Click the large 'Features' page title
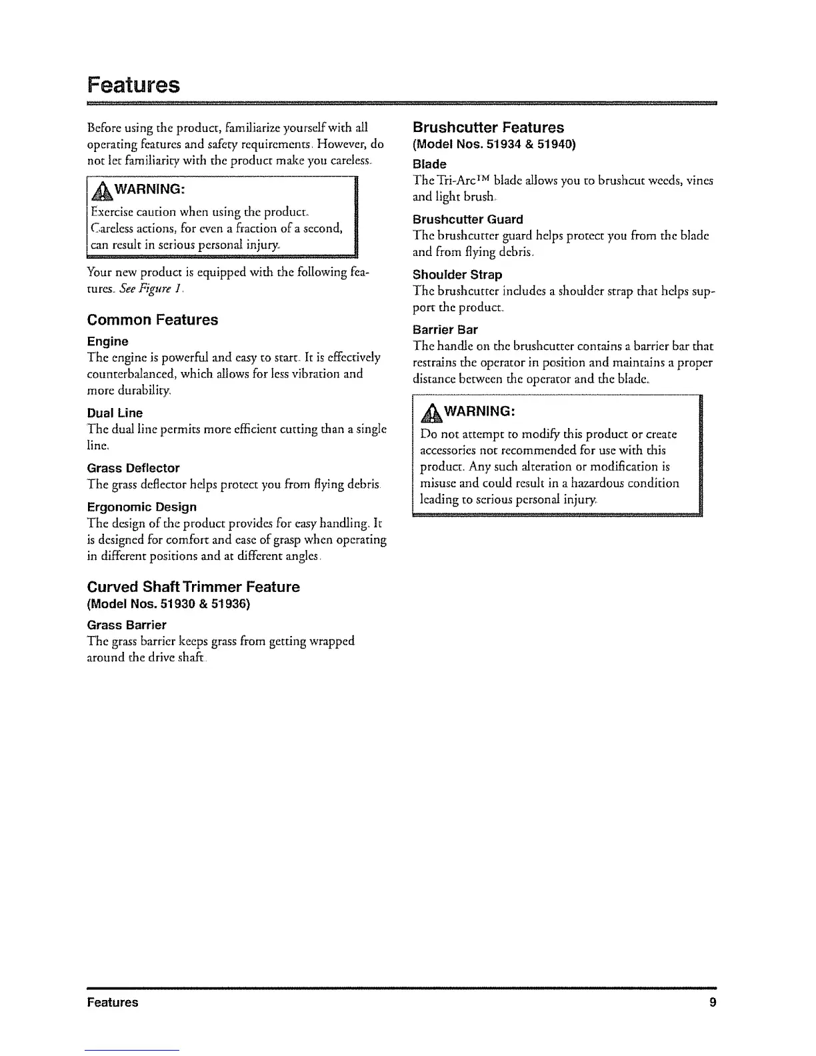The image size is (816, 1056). point(133,85)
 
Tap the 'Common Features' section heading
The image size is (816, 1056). point(153,320)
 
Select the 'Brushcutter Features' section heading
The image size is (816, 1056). point(488,127)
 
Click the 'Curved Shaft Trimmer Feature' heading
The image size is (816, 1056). point(193,587)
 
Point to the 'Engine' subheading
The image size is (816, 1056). point(108,341)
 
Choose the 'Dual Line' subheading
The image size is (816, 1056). point(115,413)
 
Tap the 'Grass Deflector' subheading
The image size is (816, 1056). point(133,468)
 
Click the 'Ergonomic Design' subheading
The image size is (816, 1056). point(141,507)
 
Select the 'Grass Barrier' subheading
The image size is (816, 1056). point(127,625)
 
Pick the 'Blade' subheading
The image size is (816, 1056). point(429,164)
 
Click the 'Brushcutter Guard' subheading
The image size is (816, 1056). point(467,219)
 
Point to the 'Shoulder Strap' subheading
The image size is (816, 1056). point(457,275)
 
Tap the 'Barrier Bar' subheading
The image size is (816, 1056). point(445,330)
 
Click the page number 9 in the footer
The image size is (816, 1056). point(713,1002)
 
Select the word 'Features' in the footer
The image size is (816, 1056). point(113,1002)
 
